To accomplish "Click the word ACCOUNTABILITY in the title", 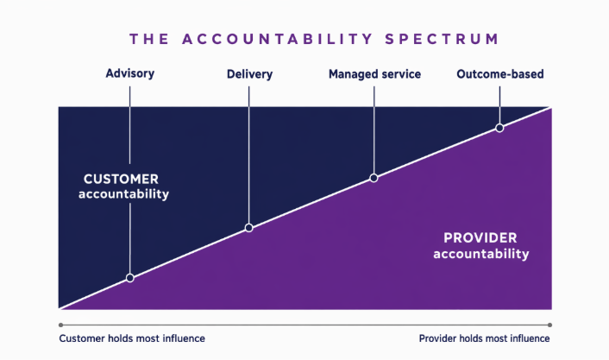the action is click(277, 39).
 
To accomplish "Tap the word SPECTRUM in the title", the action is click(442, 39).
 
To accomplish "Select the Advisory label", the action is click(130, 73).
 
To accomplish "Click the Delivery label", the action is click(250, 74).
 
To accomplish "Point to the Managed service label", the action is click(374, 74).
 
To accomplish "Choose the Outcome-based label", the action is click(500, 74).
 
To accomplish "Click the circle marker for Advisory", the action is click(130, 278).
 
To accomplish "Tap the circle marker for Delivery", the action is click(249, 228).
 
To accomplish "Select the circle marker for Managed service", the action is click(374, 178).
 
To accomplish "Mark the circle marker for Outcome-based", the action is click(499, 128).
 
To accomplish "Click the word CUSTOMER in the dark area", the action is click(121, 180).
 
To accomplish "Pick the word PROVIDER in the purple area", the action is click(480, 238).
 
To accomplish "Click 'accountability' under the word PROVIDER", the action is click(481, 254).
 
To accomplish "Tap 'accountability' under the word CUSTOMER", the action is click(124, 193).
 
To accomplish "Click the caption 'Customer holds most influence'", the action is click(132, 338).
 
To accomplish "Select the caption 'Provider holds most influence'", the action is click(484, 338).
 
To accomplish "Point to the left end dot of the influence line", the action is click(61, 325).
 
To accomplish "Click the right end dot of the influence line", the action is click(549, 325).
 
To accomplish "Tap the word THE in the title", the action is click(149, 39).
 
